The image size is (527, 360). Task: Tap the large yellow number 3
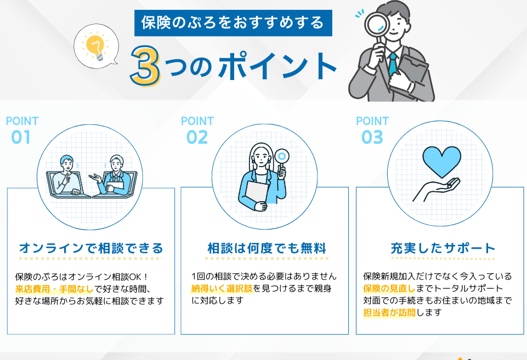click(x=145, y=66)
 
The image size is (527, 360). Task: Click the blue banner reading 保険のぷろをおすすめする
click(x=233, y=23)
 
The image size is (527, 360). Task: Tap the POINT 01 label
click(x=22, y=130)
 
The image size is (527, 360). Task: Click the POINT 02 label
click(x=197, y=130)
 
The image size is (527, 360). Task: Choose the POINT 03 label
click(x=372, y=130)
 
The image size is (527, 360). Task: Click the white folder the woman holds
click(x=257, y=194)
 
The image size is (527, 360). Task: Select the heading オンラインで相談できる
click(x=90, y=248)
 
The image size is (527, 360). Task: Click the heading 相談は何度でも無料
click(x=267, y=248)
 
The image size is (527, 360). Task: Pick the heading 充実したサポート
click(x=443, y=248)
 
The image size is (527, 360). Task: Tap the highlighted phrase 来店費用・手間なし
click(x=54, y=289)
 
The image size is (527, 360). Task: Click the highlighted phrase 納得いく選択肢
click(x=222, y=288)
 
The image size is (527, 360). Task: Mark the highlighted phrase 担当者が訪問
click(x=389, y=312)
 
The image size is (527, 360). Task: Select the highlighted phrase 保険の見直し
click(x=389, y=288)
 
